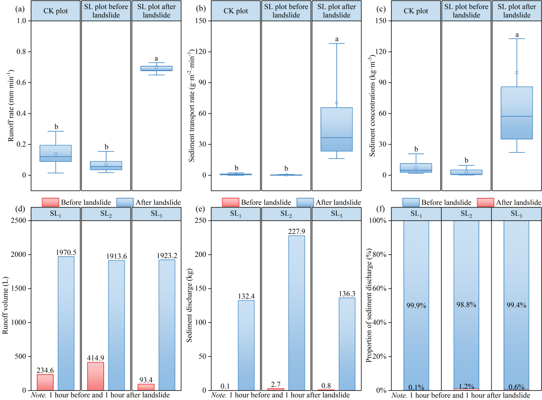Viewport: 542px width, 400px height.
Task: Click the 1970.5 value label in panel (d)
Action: point(66,252)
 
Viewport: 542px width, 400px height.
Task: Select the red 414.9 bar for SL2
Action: point(96,376)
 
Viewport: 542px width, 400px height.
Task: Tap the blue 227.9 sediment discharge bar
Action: point(297,313)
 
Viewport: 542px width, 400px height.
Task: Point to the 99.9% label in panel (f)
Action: point(416,305)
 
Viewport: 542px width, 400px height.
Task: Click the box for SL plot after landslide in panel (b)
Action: point(337,129)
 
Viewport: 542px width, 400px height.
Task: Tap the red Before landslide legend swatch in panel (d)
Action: point(50,202)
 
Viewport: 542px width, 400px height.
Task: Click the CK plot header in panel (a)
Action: point(55,11)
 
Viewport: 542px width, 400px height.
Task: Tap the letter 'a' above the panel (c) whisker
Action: point(517,35)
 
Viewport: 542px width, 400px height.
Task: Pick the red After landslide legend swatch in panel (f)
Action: point(485,202)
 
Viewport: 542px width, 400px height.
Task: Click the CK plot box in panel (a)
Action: point(55,153)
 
